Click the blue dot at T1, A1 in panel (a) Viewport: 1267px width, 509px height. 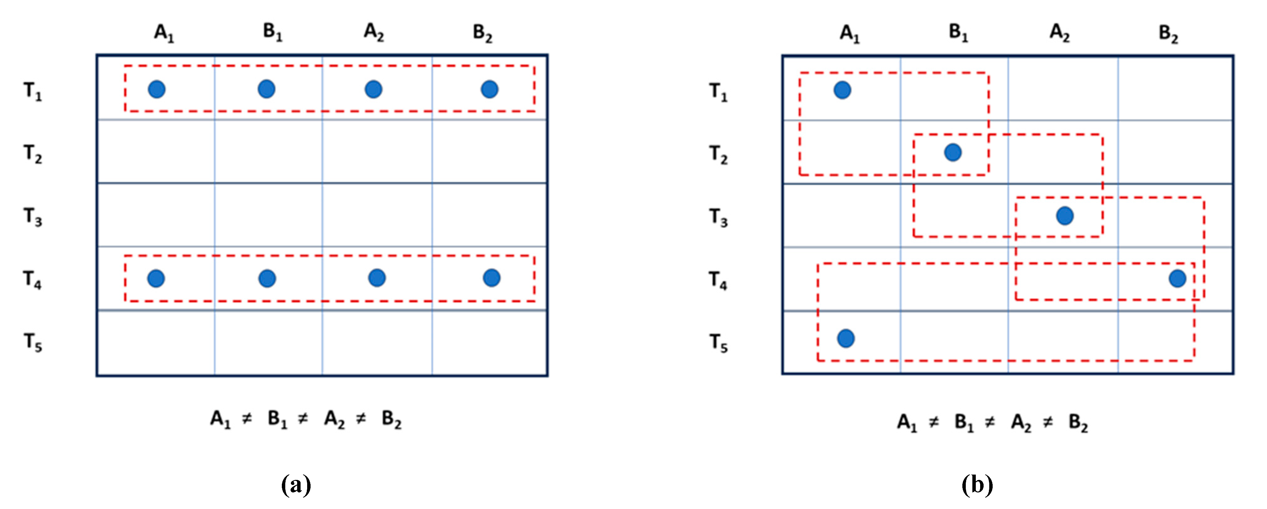[157, 89]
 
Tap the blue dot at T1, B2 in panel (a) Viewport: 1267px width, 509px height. [489, 89]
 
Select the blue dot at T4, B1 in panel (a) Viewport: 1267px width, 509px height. [267, 278]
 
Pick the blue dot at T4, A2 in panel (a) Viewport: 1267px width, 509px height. [377, 277]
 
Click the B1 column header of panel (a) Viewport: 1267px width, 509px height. [272, 32]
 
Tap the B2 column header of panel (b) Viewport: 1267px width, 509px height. [1169, 34]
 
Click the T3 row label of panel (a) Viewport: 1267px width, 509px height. [33, 216]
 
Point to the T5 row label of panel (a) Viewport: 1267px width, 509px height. [33, 342]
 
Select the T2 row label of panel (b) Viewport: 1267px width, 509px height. [718, 155]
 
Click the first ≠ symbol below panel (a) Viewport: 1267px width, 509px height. [247, 419]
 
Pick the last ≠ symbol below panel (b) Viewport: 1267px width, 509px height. [1048, 422]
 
